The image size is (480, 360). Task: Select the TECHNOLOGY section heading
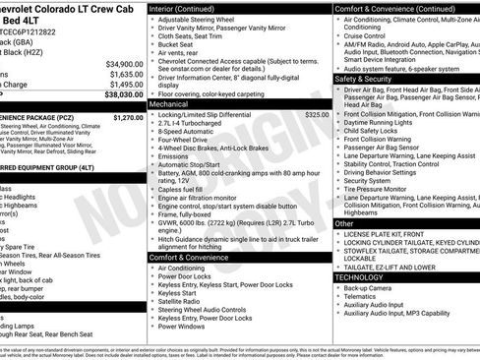361,277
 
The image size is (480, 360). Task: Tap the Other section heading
344,223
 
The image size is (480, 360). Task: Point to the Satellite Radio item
182,301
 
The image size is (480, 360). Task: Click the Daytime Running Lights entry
384,121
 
